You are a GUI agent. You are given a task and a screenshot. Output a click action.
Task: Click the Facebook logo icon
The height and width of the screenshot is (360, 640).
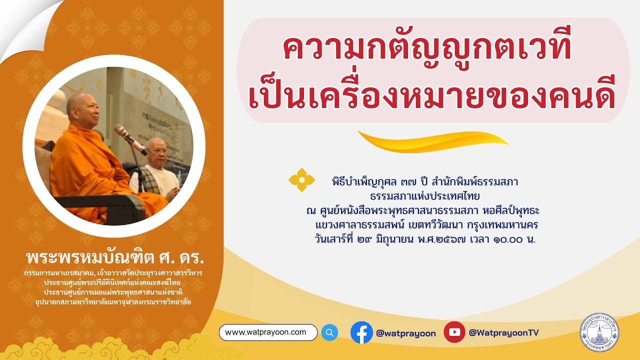coord(361,332)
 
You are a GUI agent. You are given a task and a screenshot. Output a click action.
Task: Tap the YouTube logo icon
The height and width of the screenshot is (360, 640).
coord(454,332)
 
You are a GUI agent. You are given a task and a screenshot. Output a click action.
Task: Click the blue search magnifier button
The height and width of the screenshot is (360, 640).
coord(329,332)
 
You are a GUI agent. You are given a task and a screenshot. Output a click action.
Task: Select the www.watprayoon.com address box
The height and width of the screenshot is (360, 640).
coord(268,332)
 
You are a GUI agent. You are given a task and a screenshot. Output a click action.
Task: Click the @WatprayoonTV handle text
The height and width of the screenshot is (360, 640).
coord(503,333)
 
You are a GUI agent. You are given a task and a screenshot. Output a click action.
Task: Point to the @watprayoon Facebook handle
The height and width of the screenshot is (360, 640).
coord(405,333)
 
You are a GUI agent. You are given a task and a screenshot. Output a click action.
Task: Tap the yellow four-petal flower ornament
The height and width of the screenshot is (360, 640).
coord(302,180)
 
